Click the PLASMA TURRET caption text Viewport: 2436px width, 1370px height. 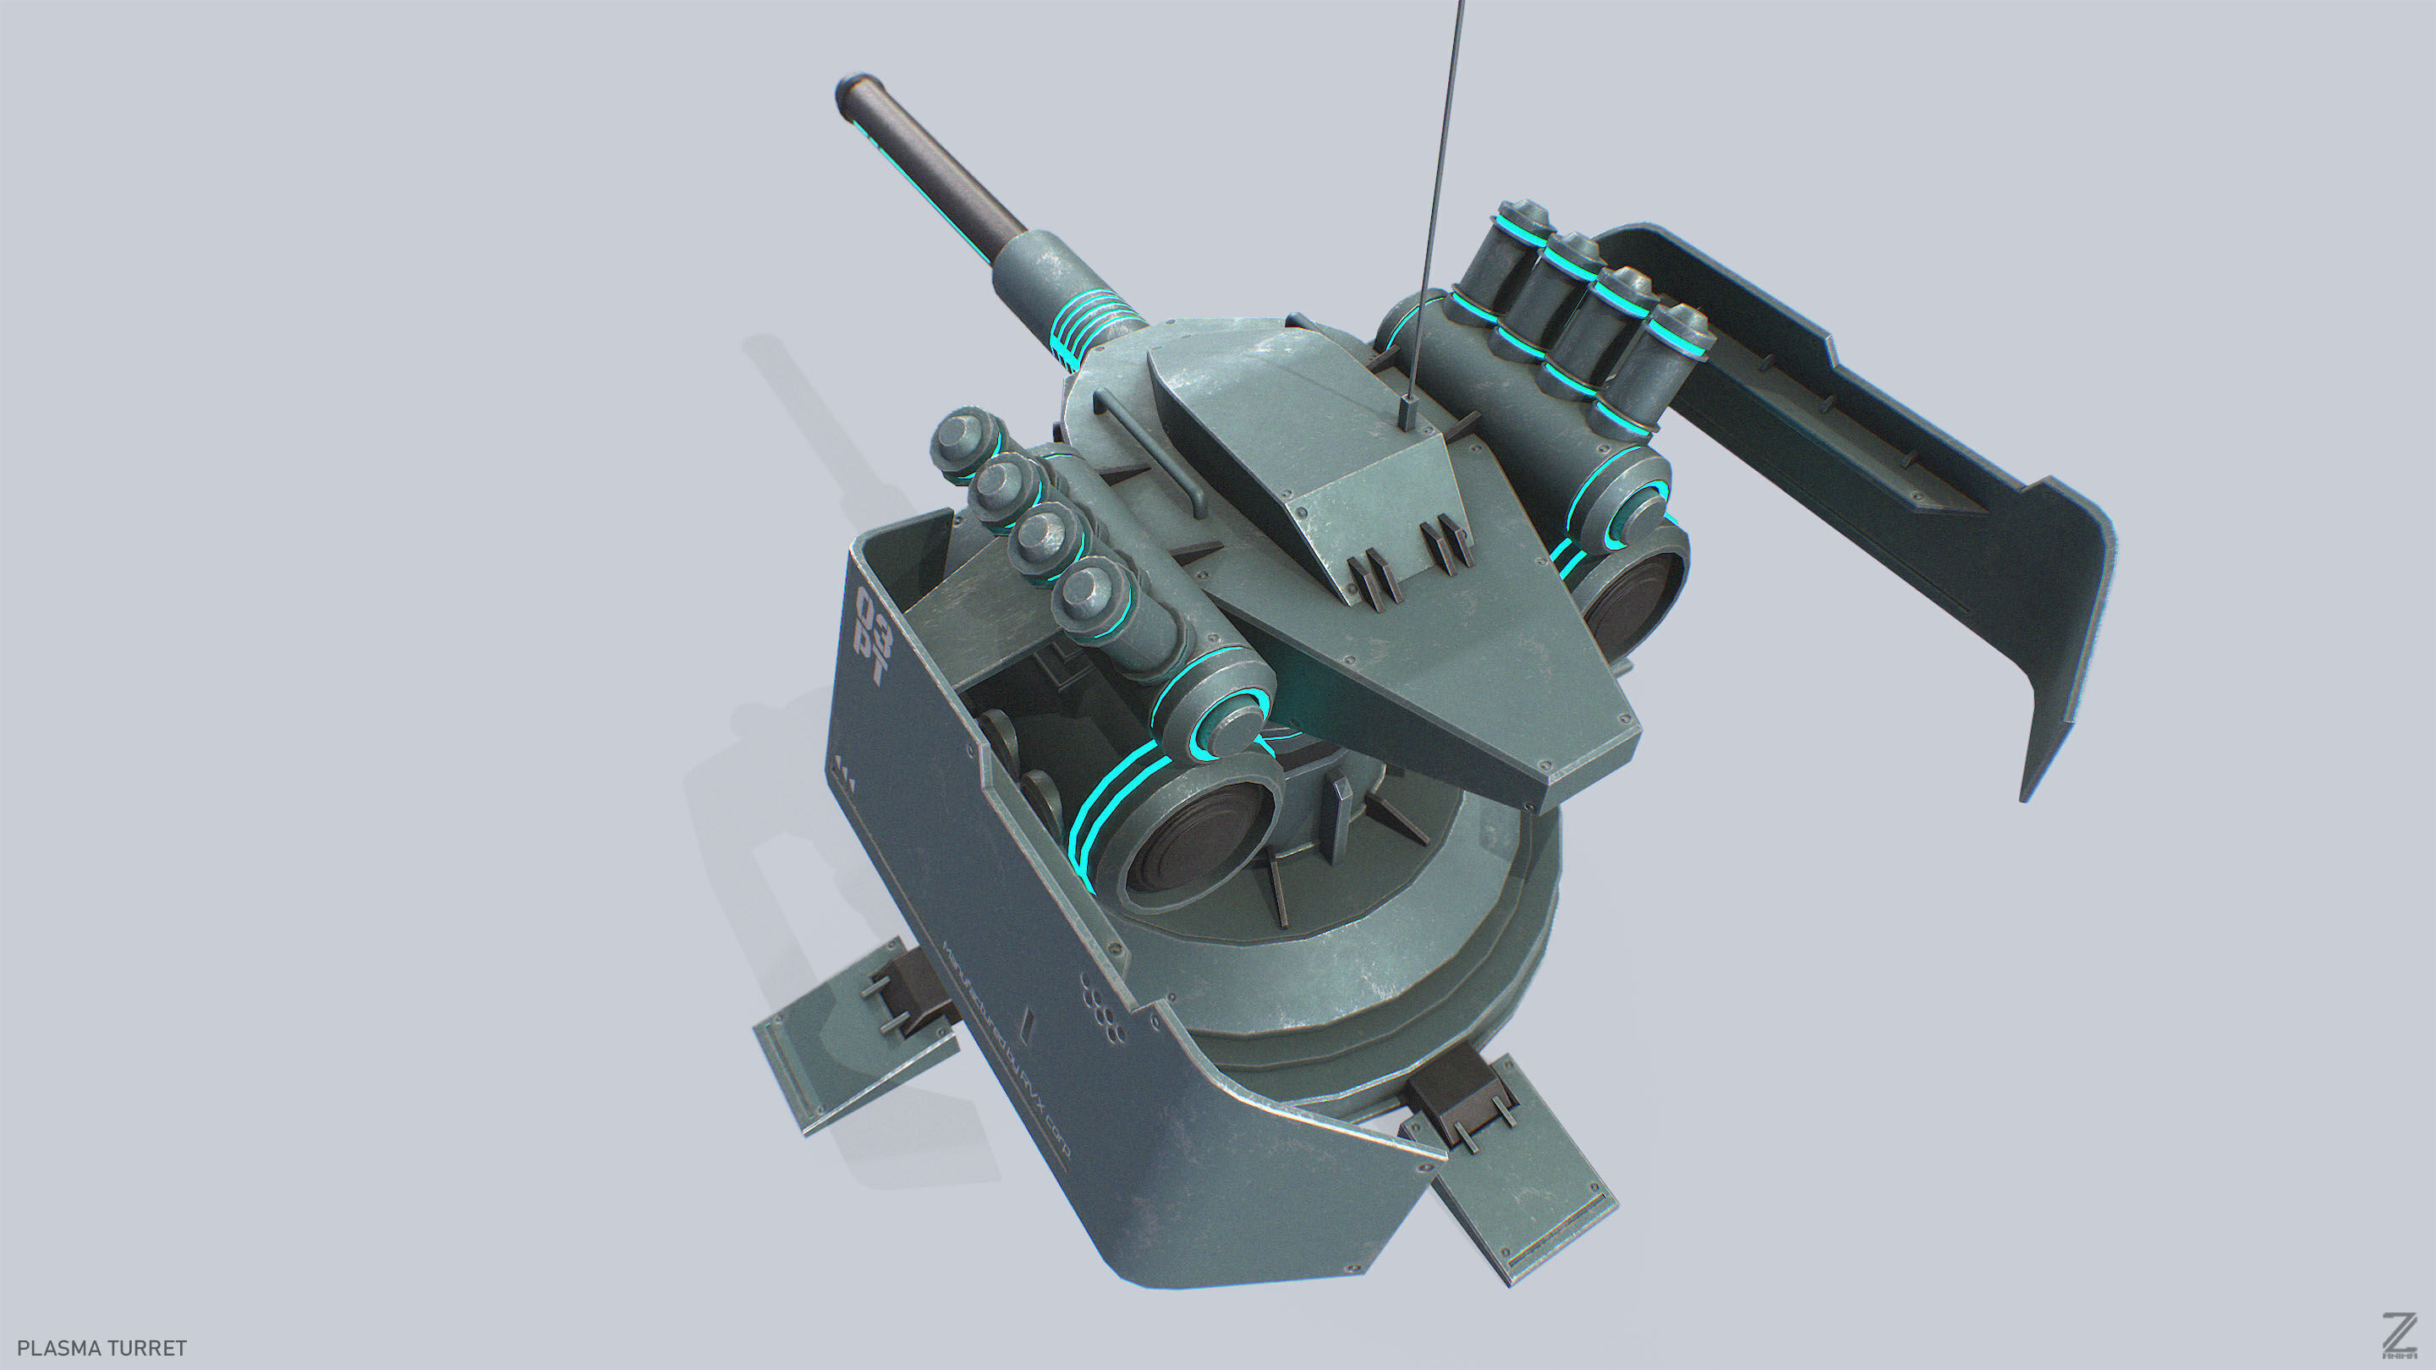pos(102,1347)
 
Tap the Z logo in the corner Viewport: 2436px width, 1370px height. pos(2399,1337)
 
